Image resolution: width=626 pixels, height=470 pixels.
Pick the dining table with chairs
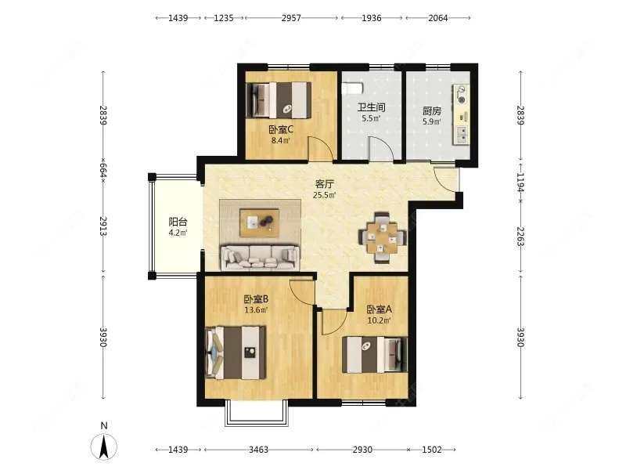[382, 236]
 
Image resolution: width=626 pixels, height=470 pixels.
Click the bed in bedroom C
[279, 99]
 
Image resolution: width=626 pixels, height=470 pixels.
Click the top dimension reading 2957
[291, 16]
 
